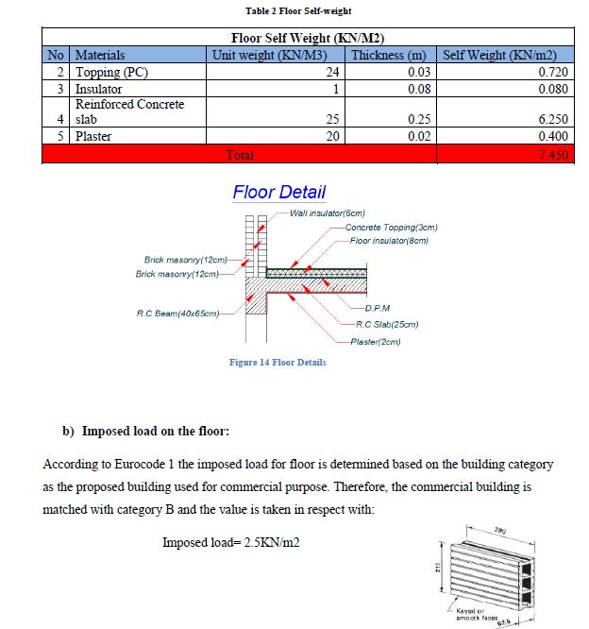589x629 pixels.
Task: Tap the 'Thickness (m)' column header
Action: [x=389, y=56]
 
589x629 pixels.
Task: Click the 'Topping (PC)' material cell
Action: [x=110, y=72]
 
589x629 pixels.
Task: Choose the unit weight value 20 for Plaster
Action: [x=331, y=136]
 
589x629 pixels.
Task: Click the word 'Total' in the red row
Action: [x=240, y=154]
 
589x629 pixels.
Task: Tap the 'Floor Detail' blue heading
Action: [x=278, y=192]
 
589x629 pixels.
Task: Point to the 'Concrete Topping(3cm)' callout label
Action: [x=392, y=228]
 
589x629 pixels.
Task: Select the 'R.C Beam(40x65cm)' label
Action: [x=178, y=313]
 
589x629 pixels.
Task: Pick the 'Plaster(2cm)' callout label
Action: [x=375, y=342]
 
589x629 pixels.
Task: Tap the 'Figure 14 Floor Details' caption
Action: [x=278, y=363]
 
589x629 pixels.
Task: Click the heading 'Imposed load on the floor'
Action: [x=155, y=432]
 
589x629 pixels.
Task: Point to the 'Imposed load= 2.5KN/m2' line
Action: [x=231, y=542]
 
